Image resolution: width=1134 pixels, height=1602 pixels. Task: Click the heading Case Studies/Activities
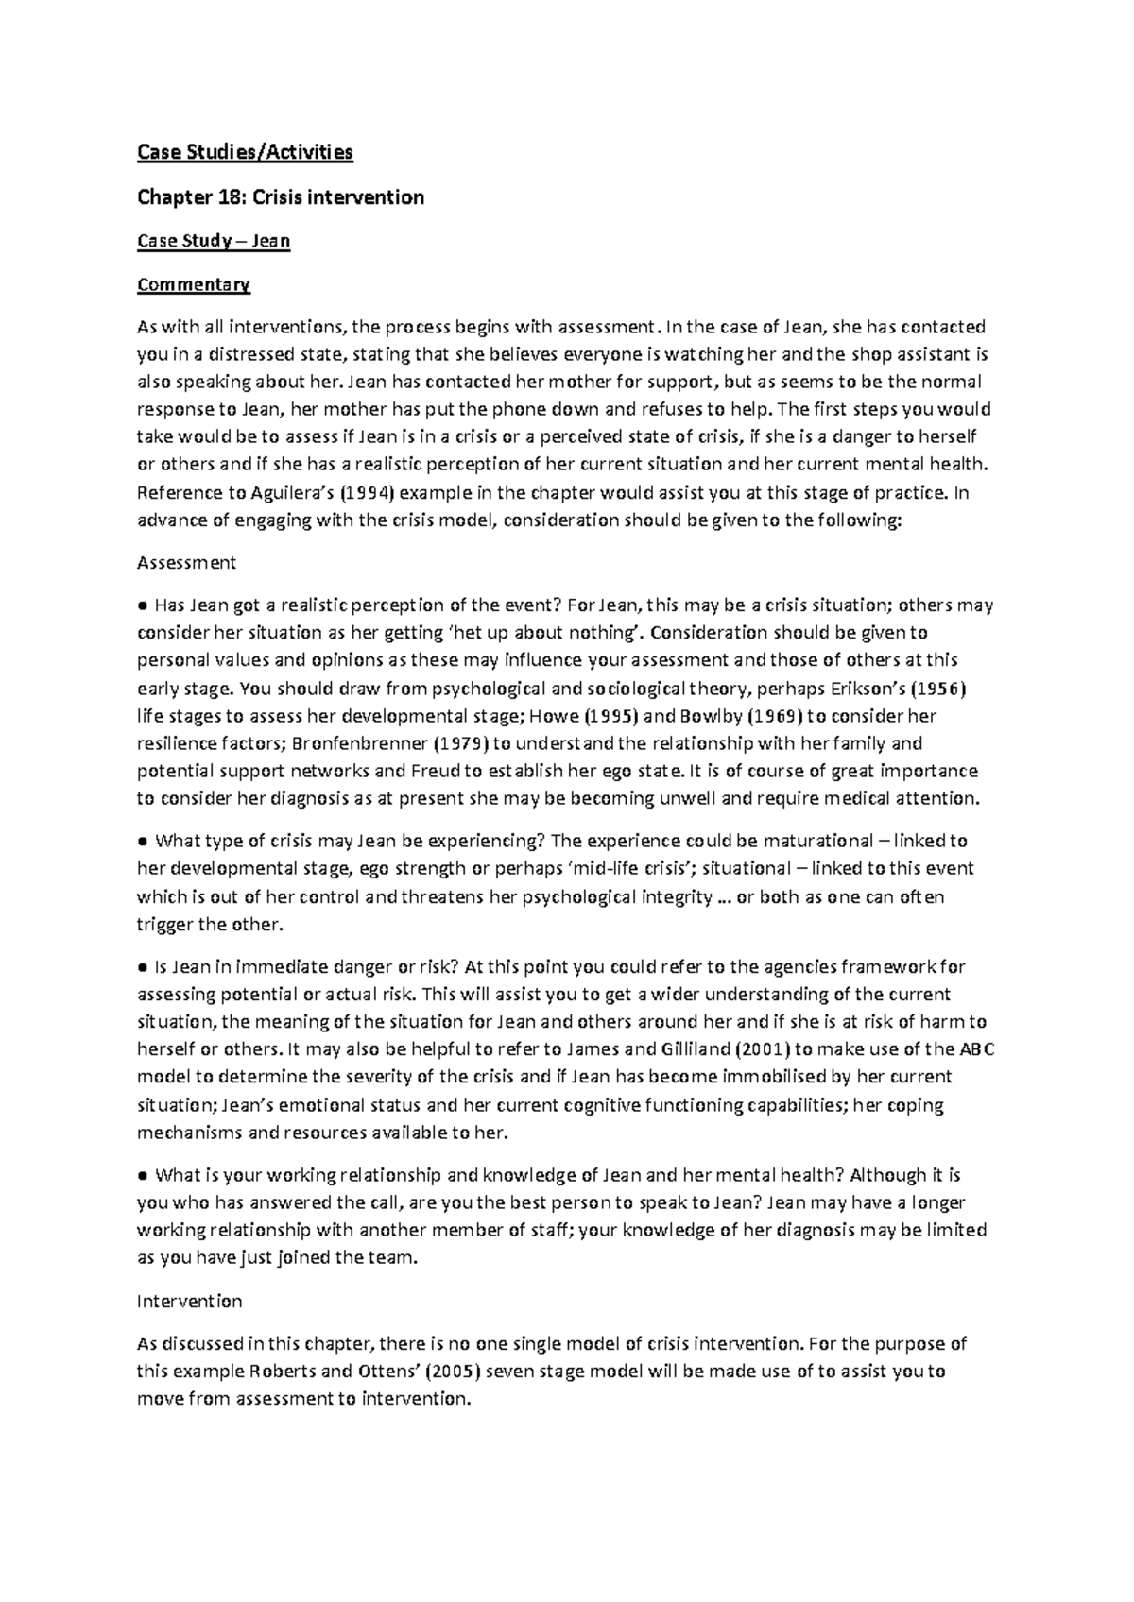(245, 151)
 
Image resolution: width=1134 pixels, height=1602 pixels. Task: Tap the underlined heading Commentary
(194, 284)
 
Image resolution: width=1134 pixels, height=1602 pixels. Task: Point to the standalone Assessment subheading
(186, 563)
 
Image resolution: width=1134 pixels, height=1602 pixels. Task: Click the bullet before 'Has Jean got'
(143, 605)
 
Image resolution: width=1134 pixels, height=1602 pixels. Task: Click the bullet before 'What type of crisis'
(143, 841)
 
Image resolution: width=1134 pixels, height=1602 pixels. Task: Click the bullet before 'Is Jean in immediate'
(143, 966)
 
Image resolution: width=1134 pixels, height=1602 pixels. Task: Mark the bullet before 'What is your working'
(143, 1176)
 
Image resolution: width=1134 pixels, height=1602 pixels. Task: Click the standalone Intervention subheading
(190, 1302)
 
